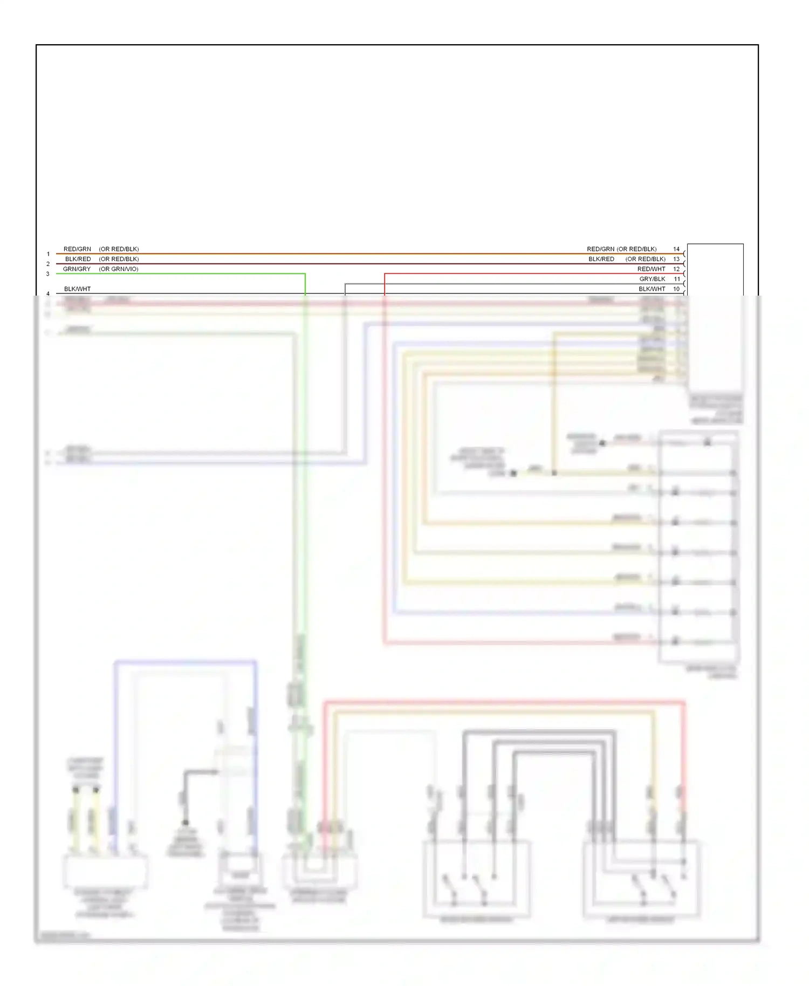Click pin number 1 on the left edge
(48, 254)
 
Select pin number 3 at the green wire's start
(48, 274)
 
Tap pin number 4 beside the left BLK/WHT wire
(48, 294)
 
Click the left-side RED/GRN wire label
(77, 249)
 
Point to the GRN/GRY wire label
(77, 269)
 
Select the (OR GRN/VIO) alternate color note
(119, 269)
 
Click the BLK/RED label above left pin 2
(78, 259)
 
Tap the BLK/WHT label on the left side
(77, 289)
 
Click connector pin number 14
(676, 249)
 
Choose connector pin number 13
(676, 259)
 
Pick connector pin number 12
(676, 269)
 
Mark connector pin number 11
(677, 279)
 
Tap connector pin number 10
(676, 289)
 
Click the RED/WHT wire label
(651, 269)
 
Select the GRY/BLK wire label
(652, 279)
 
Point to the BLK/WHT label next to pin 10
(652, 289)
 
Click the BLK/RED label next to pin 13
(601, 259)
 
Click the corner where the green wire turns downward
(305, 274)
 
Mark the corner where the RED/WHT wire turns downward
(385, 274)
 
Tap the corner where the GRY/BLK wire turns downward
(345, 284)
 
